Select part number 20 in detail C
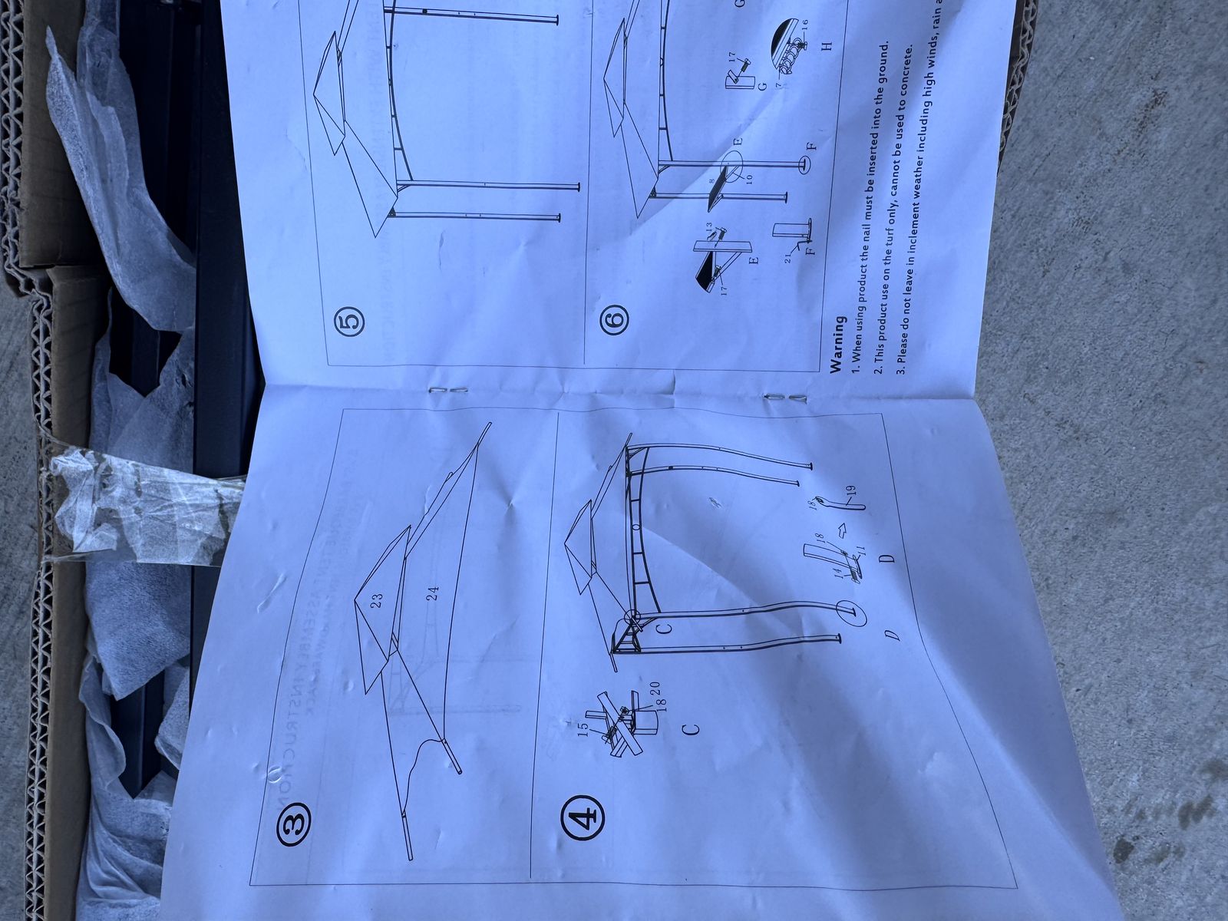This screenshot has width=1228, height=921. coord(657,688)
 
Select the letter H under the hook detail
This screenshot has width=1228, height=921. coord(827,46)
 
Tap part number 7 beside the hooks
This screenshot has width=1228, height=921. coord(778,84)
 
